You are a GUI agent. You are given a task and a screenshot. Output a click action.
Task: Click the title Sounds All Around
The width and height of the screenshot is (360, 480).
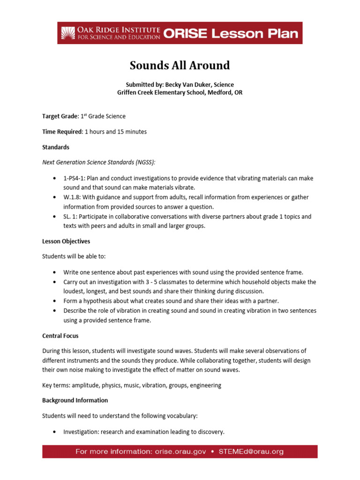click(x=180, y=65)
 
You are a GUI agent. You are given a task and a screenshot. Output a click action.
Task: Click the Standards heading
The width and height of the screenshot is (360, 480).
click(x=56, y=147)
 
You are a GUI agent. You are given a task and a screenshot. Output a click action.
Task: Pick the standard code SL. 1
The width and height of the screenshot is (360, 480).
click(x=71, y=217)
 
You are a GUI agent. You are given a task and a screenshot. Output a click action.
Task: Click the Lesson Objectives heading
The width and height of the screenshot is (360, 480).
click(x=66, y=241)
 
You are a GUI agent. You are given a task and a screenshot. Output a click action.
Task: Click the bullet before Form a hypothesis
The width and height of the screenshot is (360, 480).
click(x=55, y=301)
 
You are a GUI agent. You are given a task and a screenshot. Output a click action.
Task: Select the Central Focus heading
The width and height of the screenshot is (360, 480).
click(x=60, y=336)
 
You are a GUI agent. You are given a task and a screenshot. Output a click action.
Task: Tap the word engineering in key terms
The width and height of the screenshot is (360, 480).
click(x=204, y=385)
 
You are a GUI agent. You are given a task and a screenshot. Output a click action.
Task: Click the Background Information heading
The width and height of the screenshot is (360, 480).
click(x=75, y=400)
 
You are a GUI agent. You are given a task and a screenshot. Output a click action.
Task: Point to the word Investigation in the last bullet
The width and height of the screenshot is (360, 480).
click(x=80, y=432)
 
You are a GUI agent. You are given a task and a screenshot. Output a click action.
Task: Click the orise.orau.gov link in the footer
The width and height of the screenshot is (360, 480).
click(x=177, y=452)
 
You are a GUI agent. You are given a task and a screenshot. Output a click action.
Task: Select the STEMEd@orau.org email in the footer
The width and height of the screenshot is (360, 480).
click(x=251, y=452)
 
